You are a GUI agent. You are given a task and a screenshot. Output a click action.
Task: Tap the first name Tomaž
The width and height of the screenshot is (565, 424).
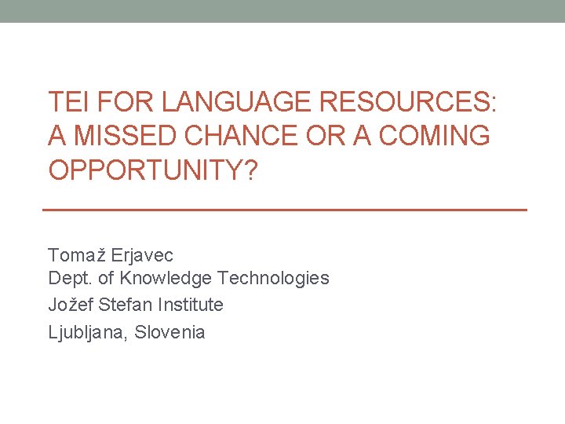(77, 255)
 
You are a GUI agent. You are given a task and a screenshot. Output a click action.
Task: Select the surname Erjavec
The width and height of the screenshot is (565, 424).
(142, 255)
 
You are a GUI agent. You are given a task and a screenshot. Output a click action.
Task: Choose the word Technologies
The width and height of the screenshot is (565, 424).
(273, 278)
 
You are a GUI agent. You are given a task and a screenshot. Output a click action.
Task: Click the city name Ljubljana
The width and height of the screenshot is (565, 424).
(88, 332)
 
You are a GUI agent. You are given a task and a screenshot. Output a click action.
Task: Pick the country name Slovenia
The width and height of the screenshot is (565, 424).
(170, 332)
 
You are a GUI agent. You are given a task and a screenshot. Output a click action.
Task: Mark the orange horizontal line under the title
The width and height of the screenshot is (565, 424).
(283, 210)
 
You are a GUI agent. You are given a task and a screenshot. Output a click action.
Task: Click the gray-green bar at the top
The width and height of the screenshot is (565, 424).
(282, 11)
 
